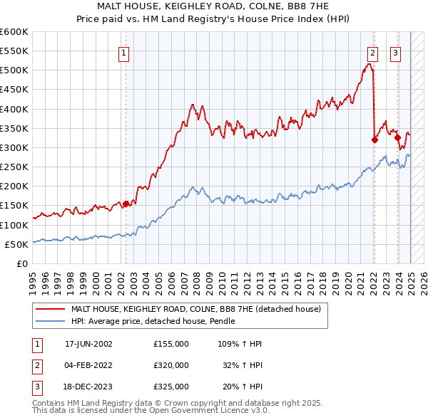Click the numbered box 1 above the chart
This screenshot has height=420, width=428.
coord(123,52)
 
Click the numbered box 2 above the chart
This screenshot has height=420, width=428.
coord(372,52)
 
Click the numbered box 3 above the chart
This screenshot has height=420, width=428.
coord(395,52)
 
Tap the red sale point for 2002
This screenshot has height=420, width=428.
coord(126,204)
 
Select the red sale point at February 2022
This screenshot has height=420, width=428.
coord(374,140)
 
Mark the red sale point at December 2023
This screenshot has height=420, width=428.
coord(397,138)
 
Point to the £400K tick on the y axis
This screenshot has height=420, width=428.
coord(14,109)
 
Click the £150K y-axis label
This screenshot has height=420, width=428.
coord(14,206)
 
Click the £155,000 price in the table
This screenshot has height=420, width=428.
coord(170,343)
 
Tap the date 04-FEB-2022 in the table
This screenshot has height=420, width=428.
coord(89,364)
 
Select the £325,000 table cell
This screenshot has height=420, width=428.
coord(170,387)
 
